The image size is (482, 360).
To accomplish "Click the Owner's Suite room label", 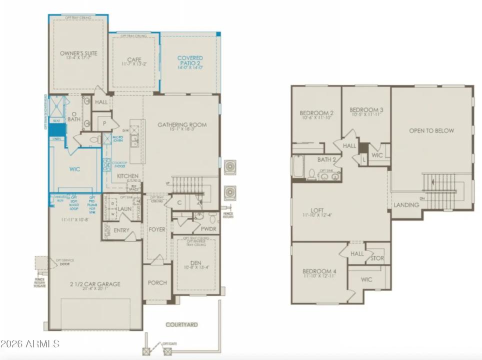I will pyautogui.click(x=78, y=53).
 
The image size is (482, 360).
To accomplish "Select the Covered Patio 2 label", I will pyautogui.click(x=190, y=61).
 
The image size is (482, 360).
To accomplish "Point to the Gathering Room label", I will pyautogui.click(x=182, y=125).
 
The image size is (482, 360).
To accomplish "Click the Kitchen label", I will pyautogui.click(x=127, y=176).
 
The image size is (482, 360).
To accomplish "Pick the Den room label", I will pyautogui.click(x=196, y=263).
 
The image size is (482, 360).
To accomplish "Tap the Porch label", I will pyautogui.click(x=157, y=282).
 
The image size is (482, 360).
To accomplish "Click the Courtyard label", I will pyautogui.click(x=181, y=324).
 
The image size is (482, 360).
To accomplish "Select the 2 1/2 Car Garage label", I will pyautogui.click(x=95, y=284).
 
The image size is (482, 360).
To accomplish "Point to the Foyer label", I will pyautogui.click(x=157, y=230).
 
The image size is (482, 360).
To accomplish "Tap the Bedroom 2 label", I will pyautogui.click(x=316, y=113).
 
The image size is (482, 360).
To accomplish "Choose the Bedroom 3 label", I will pyautogui.click(x=366, y=110).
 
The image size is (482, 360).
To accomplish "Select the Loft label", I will pyautogui.click(x=317, y=211).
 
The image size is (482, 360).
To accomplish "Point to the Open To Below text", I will pyautogui.click(x=431, y=130).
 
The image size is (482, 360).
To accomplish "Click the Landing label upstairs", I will pyautogui.click(x=406, y=205).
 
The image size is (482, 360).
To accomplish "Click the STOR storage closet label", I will pyautogui.click(x=377, y=258).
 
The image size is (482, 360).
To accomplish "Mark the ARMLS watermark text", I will pyautogui.click(x=30, y=344).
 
